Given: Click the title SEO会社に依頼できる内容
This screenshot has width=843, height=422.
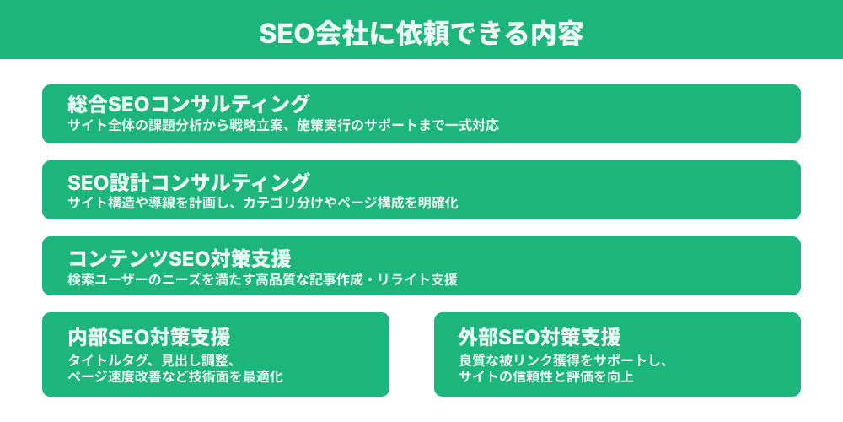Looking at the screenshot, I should [x=421, y=33].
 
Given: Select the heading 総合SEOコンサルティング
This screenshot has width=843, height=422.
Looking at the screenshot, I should [x=189, y=105].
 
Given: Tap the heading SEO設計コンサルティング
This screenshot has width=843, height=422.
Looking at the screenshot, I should [x=189, y=181].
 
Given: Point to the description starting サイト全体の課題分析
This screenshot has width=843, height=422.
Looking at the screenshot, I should [x=283, y=127].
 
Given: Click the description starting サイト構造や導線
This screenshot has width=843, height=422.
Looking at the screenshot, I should [x=263, y=203].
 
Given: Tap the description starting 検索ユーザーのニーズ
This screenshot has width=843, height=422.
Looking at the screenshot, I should [x=263, y=279].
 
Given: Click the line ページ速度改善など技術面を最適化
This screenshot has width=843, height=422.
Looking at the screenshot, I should [x=175, y=376].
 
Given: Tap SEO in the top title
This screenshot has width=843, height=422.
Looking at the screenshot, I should [x=287, y=33].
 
